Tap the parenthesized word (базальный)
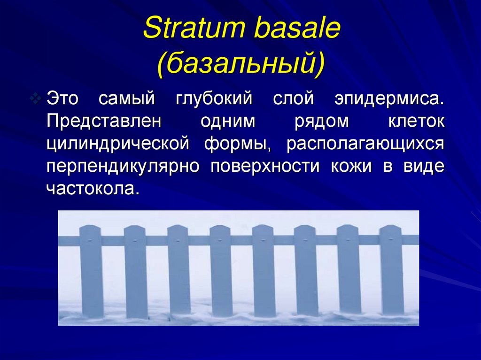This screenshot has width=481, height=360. [240, 64]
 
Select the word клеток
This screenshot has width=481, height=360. [416, 121]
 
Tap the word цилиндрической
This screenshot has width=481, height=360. [118, 144]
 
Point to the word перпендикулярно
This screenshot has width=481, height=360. [124, 166]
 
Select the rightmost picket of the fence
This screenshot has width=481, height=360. [392, 272]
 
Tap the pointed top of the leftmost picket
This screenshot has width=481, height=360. [91, 228]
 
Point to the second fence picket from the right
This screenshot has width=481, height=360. [349, 272]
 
